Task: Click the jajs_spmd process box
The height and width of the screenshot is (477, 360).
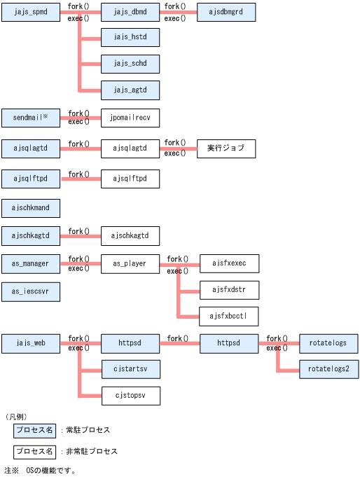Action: click(x=31, y=12)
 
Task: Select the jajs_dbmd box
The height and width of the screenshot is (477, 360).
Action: click(x=130, y=12)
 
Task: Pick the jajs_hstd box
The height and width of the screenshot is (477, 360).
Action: click(x=130, y=38)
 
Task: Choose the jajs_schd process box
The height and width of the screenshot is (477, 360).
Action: click(x=130, y=64)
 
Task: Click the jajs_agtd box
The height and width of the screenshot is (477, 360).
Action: click(x=130, y=90)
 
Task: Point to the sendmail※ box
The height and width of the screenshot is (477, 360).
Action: click(x=31, y=118)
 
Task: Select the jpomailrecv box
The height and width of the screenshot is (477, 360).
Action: click(x=130, y=118)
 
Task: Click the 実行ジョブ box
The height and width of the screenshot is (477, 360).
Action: click(x=226, y=148)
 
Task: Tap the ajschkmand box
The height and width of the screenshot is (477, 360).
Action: click(x=31, y=208)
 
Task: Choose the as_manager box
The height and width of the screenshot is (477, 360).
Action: click(x=31, y=263)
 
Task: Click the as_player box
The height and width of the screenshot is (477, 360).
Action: click(x=130, y=263)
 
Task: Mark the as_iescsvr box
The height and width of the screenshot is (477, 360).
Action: click(x=31, y=291)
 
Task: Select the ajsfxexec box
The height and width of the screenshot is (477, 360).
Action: click(x=228, y=263)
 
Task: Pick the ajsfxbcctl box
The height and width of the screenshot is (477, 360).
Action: click(x=228, y=316)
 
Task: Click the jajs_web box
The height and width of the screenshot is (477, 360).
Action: click(x=31, y=343)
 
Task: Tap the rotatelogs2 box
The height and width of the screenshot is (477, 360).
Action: click(x=328, y=369)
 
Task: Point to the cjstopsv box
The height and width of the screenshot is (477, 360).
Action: click(x=130, y=396)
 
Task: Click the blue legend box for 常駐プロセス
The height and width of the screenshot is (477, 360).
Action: click(x=35, y=430)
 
